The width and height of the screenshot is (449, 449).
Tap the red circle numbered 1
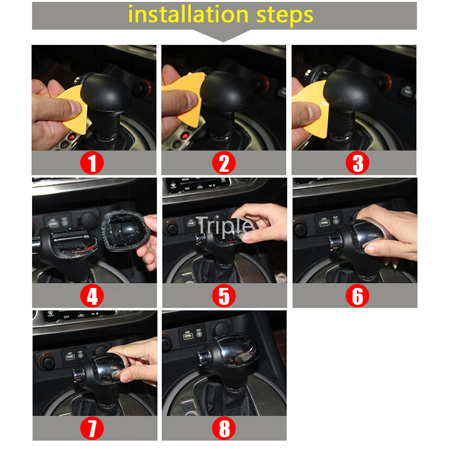[x=93, y=163]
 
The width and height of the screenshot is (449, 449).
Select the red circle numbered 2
[x=224, y=163]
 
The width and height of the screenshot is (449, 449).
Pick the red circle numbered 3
[x=357, y=163]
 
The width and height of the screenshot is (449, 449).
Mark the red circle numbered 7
[x=93, y=429]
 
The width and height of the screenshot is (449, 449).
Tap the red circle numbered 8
[x=224, y=429]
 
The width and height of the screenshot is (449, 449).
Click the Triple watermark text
[x=224, y=225]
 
